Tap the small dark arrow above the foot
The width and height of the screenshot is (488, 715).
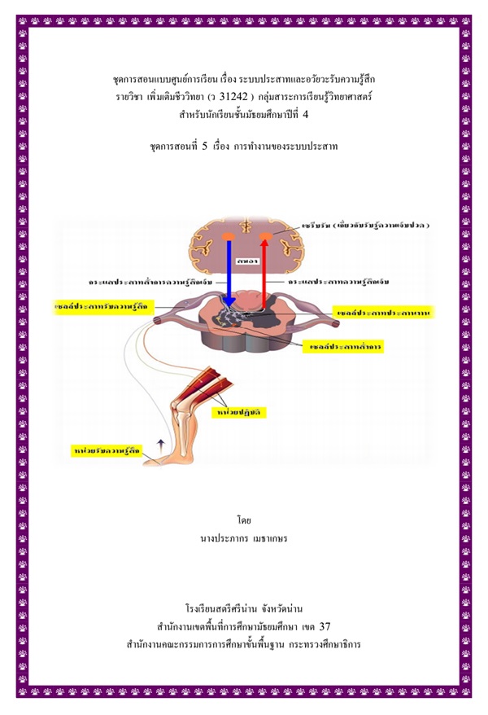pos(159,443)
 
